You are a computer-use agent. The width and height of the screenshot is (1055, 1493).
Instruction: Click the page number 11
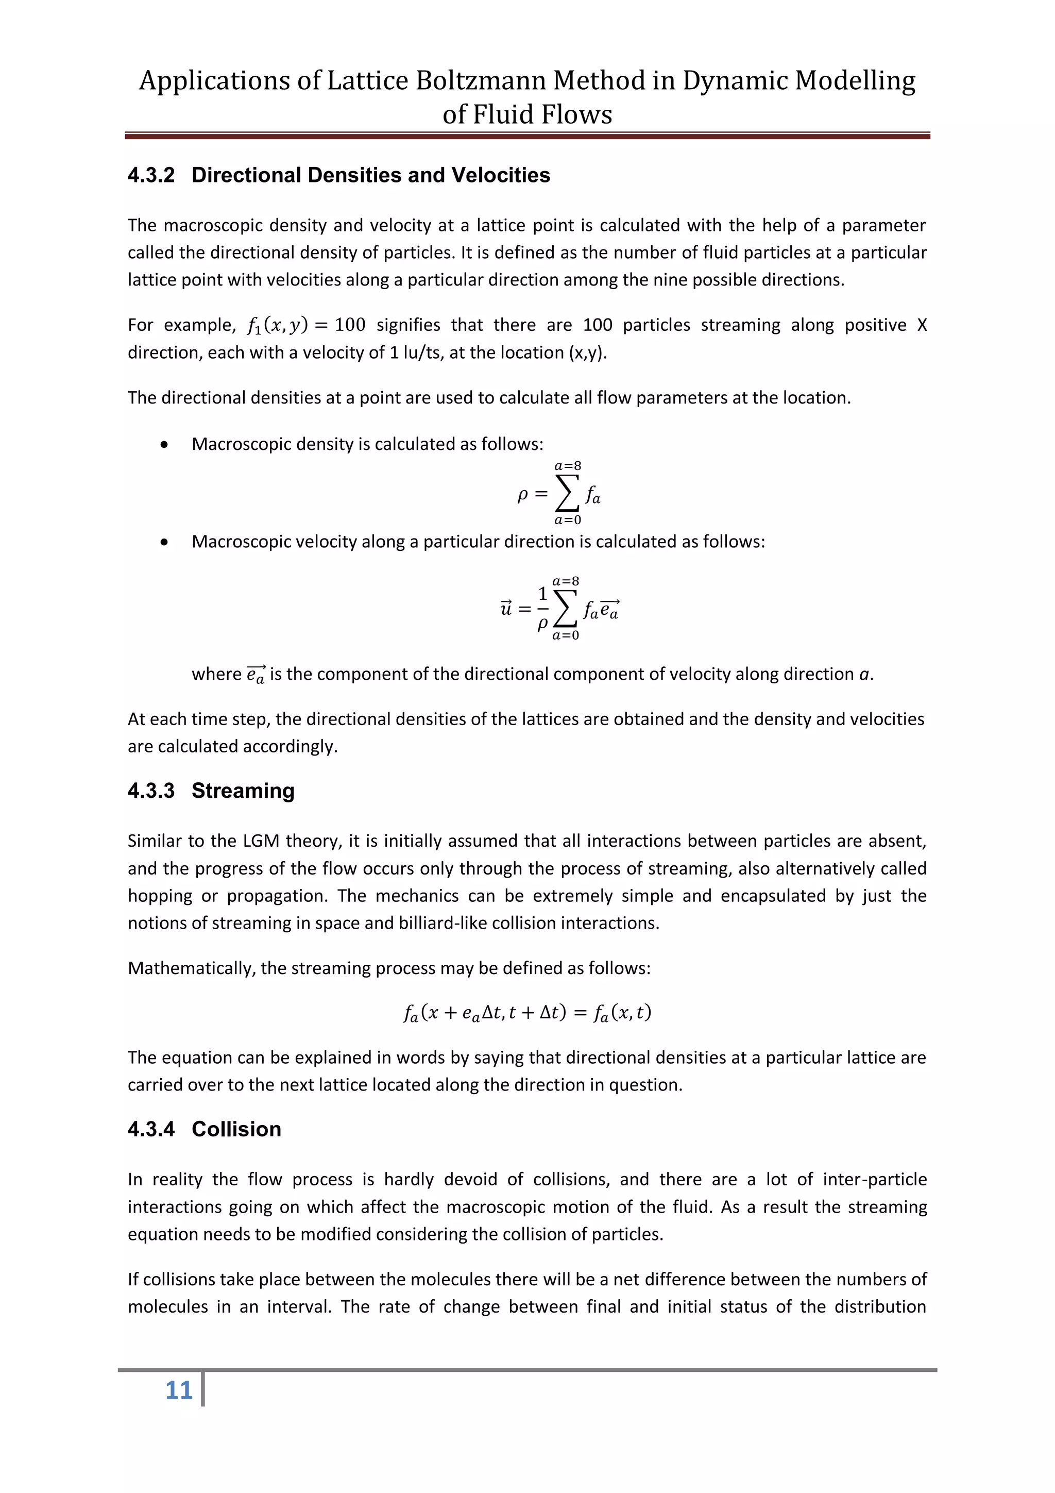pyautogui.click(x=179, y=1390)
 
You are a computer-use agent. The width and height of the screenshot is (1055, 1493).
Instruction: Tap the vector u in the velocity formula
pyautogui.click(x=506, y=609)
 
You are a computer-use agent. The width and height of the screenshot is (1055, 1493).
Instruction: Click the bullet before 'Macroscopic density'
pyautogui.click(x=164, y=445)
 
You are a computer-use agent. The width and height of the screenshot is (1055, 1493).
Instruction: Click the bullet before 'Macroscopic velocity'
pyautogui.click(x=164, y=542)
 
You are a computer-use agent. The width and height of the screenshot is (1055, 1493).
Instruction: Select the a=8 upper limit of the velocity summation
pyautogui.click(x=566, y=581)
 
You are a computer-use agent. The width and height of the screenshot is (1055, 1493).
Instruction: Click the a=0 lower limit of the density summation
pyautogui.click(x=568, y=519)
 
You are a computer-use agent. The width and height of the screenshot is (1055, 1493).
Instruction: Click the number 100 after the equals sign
pyautogui.click(x=350, y=325)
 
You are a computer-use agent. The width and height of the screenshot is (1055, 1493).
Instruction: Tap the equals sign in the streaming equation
pyautogui.click(x=581, y=1013)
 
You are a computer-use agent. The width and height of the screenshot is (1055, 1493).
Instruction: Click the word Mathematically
pyautogui.click(x=191, y=968)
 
